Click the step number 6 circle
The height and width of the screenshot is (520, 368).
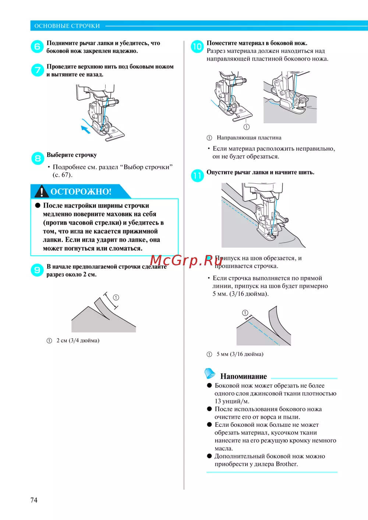[x=37, y=46]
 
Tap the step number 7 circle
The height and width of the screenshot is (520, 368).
[x=38, y=70]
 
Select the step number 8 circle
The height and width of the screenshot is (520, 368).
[x=38, y=159]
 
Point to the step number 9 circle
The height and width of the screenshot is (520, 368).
[x=37, y=270]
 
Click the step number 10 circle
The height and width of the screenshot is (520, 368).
[x=197, y=46]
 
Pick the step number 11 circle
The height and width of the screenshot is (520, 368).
[x=197, y=176]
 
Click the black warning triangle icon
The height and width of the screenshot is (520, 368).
[x=41, y=191]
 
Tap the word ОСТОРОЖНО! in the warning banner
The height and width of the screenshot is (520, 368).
[x=81, y=191]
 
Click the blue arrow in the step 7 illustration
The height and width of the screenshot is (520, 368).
[x=85, y=129]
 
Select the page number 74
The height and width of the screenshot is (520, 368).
[x=34, y=500]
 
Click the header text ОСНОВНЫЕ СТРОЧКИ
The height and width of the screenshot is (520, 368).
[x=67, y=26]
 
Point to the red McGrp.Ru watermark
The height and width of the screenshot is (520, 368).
[x=186, y=261]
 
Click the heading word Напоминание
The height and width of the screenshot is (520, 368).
[x=244, y=376]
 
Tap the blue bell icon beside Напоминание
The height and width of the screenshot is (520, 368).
[x=209, y=374]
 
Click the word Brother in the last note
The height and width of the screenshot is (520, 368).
[x=287, y=464]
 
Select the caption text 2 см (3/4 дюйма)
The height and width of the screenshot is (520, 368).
[x=78, y=340]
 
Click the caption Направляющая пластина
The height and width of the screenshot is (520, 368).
[x=249, y=138]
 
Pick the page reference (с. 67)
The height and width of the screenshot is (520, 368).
[x=62, y=175]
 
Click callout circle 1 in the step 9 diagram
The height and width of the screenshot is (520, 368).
[x=116, y=297]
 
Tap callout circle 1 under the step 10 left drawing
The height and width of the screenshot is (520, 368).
[x=246, y=127]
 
